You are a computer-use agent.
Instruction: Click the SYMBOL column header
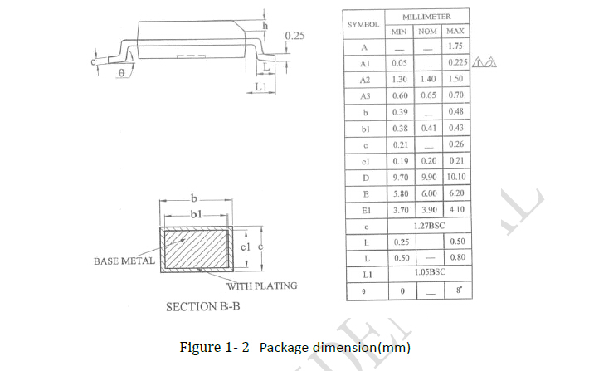[363, 24]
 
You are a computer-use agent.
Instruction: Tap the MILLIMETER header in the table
[427, 17]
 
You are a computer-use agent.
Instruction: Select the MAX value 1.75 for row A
[455, 46]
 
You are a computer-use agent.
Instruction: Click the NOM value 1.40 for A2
[427, 79]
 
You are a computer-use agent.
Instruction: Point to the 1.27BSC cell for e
[427, 225]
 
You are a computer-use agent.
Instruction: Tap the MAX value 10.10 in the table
[455, 176]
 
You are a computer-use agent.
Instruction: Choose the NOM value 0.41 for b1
[427, 128]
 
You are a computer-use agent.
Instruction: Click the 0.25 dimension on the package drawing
[294, 36]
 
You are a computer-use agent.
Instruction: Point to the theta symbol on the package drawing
[122, 73]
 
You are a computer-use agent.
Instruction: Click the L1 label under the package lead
[260, 86]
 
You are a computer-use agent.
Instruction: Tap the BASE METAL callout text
[124, 261]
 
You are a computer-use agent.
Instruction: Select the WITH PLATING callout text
[261, 286]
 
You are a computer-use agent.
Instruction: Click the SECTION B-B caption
[203, 307]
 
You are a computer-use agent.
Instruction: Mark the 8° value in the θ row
[455, 291]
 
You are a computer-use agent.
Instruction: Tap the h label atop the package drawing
[265, 27]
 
